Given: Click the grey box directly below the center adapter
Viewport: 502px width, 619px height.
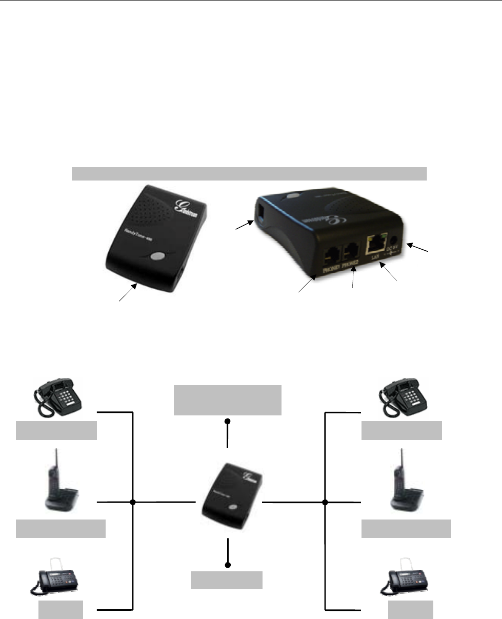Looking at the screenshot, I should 227,580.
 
